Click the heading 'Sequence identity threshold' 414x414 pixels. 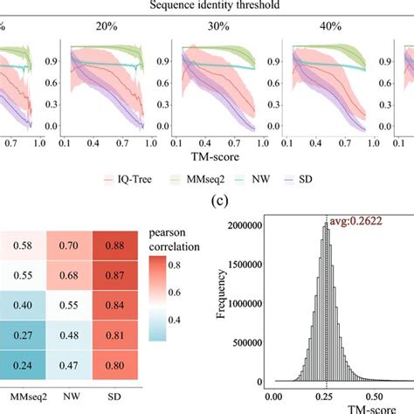[x=206, y=6]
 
